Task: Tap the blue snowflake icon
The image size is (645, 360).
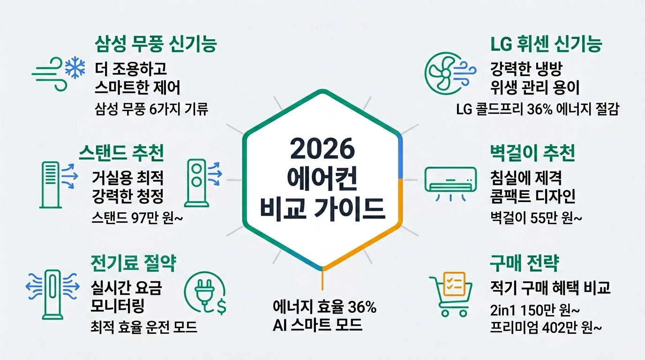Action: [x=74, y=68]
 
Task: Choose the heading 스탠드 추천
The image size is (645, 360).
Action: [x=121, y=153]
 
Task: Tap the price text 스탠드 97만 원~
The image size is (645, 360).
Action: [x=131, y=218]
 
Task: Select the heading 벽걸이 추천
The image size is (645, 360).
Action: [x=532, y=153]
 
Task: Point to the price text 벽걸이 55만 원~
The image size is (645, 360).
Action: [x=535, y=218]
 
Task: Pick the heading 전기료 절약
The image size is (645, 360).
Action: [x=133, y=263]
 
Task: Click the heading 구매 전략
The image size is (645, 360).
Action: [x=524, y=263]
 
